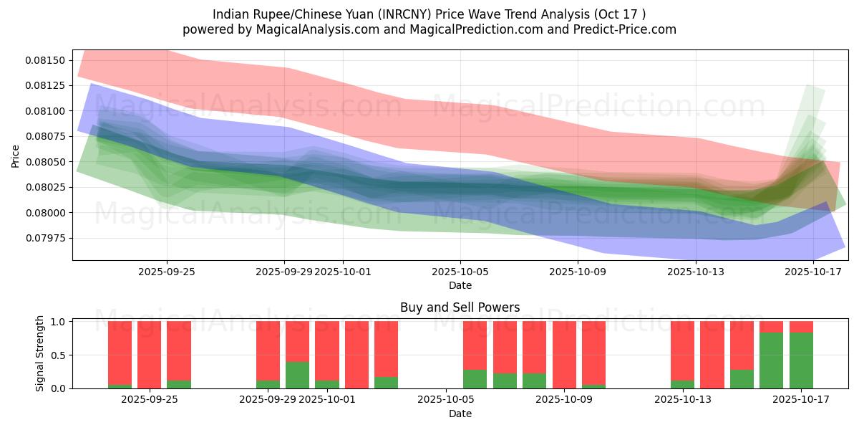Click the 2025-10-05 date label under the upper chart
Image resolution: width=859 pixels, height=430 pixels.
click(x=460, y=272)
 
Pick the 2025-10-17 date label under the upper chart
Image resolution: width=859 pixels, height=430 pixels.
click(x=813, y=272)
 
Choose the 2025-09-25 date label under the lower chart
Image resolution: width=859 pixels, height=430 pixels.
click(x=149, y=400)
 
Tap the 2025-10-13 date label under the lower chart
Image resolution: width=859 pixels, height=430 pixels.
click(x=682, y=400)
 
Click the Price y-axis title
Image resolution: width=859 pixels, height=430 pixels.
click(x=16, y=156)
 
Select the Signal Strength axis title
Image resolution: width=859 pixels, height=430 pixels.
click(x=40, y=353)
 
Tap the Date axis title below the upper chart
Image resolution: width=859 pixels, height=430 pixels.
click(x=460, y=285)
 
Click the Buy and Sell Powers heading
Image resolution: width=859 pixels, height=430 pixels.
click(x=460, y=307)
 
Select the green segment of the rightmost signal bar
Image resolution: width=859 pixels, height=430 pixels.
click(x=801, y=360)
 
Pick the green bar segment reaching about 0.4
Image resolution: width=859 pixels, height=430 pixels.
click(x=297, y=375)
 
